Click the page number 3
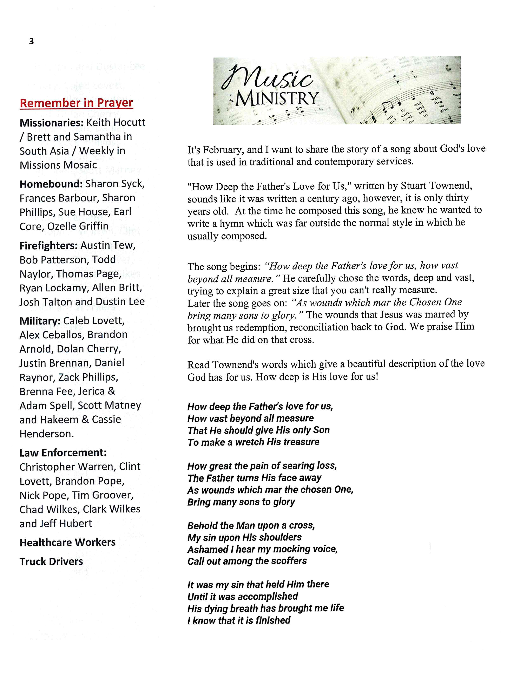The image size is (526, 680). tap(31, 41)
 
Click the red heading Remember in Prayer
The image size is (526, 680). tap(76, 103)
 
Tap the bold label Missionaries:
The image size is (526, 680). tap(52, 122)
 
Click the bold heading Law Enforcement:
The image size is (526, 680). tap(63, 453)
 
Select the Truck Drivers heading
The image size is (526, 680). tap(51, 562)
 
